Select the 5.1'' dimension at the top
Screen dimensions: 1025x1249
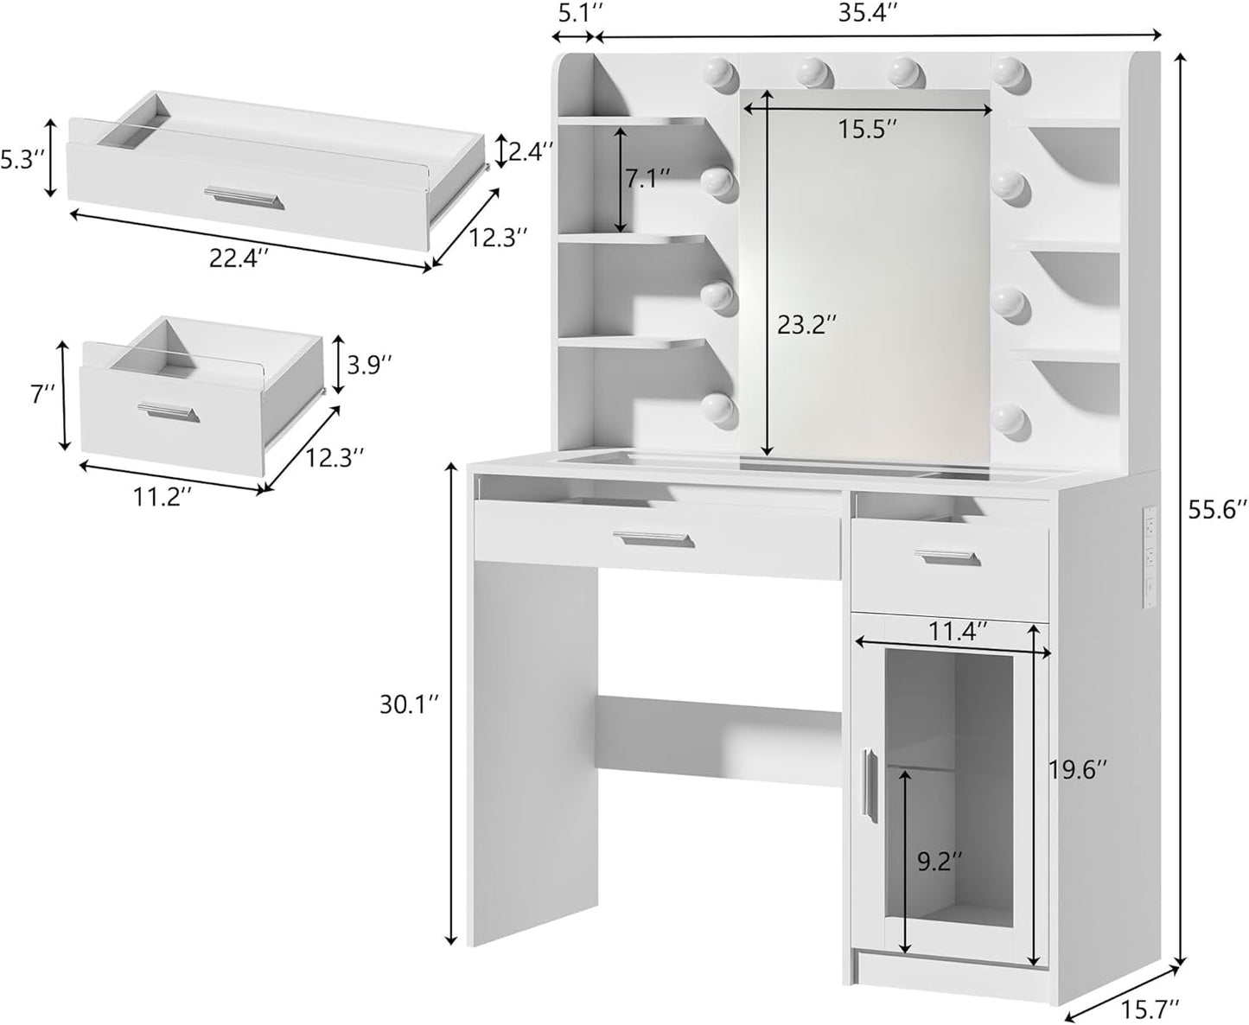pos(573,14)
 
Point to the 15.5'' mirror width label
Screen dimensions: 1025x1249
pos(867,130)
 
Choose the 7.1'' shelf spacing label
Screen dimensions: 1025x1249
pos(648,180)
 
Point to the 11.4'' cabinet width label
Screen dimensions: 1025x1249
pos(959,632)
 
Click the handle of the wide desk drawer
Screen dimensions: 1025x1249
pos(653,540)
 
